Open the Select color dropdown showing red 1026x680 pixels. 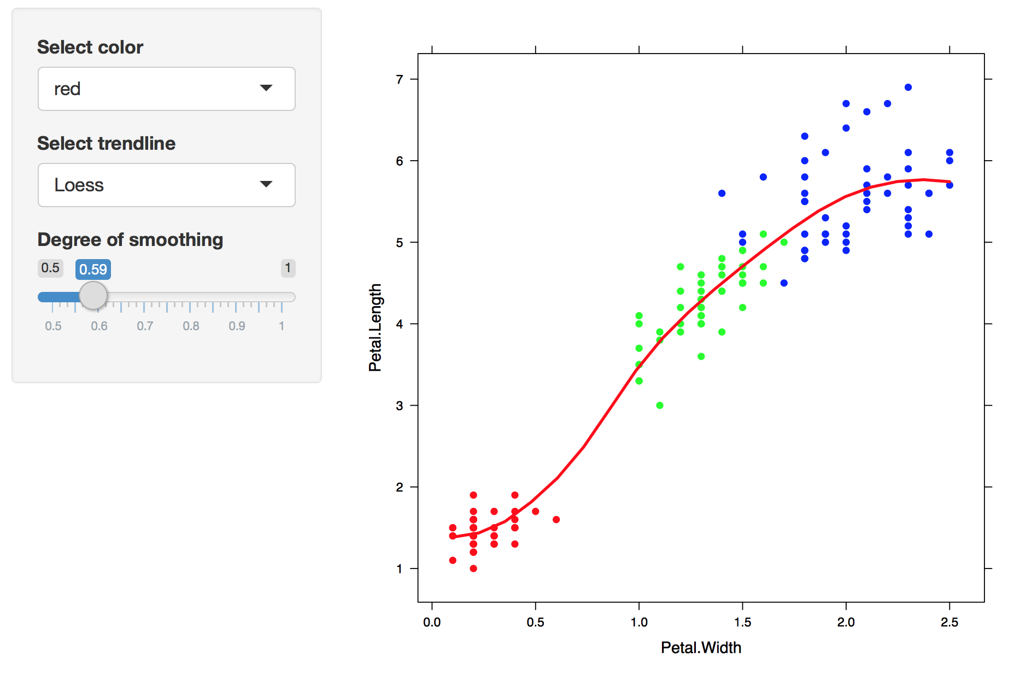[x=166, y=89]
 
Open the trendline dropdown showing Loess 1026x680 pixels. [x=166, y=185]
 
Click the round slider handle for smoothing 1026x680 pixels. [x=93, y=296]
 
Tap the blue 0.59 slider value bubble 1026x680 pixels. [x=93, y=269]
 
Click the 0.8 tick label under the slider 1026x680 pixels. [x=191, y=326]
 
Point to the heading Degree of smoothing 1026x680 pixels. [x=130, y=239]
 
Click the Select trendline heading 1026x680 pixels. [x=106, y=143]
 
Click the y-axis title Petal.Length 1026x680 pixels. [x=375, y=327]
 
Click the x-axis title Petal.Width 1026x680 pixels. [x=701, y=648]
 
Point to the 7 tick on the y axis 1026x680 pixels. [x=400, y=80]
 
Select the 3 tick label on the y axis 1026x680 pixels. [x=400, y=406]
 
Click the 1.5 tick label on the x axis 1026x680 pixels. [x=742, y=622]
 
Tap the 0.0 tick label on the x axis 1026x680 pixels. [x=432, y=622]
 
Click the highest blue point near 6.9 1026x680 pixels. [x=908, y=87]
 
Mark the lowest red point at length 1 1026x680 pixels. [x=473, y=568]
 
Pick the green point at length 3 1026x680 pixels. [x=660, y=406]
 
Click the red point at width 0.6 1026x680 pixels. [x=556, y=520]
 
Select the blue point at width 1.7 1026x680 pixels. [x=784, y=283]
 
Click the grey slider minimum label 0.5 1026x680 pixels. [x=50, y=268]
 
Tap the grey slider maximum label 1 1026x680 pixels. [x=288, y=268]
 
